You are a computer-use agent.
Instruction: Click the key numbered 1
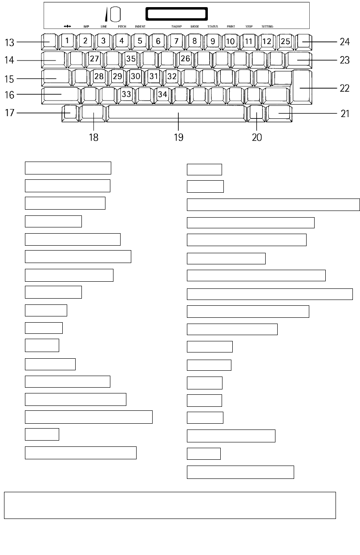67,41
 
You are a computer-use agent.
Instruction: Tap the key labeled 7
176,41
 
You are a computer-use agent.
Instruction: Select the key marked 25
285,41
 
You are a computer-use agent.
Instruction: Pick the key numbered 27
94,58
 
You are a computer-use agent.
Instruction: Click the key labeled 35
131,58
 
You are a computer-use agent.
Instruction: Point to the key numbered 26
186,58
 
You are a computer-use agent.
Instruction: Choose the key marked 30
135,76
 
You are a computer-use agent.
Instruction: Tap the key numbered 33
127,94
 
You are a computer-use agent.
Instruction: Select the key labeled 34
163,94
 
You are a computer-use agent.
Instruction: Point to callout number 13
10,42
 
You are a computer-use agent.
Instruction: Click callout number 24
344,42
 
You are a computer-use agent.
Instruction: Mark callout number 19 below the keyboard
178,137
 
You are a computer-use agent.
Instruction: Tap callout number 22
344,88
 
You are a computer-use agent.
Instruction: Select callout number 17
10,113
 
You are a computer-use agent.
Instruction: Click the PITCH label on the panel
122,27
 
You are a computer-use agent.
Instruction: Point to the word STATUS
213,27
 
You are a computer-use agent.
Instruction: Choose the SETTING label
267,27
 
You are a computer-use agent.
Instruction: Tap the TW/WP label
177,27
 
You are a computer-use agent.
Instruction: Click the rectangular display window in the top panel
177,14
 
